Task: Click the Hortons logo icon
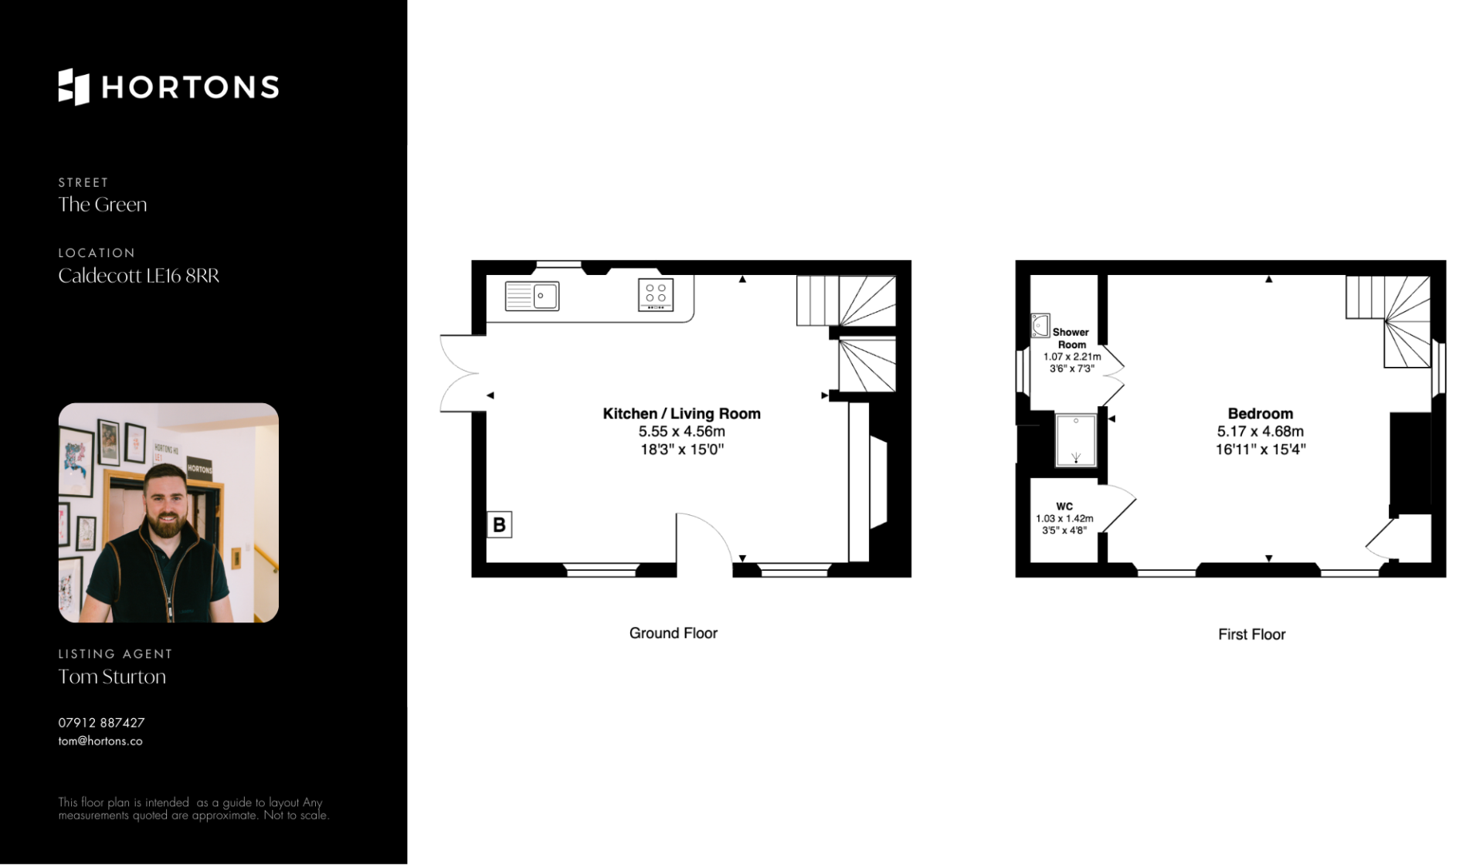click(x=74, y=86)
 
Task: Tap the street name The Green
click(x=103, y=205)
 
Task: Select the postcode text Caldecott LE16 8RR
click(x=139, y=276)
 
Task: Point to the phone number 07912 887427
click(x=101, y=723)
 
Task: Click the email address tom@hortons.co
click(x=100, y=741)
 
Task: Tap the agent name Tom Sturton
click(x=112, y=677)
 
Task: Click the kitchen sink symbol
click(x=532, y=296)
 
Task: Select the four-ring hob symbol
click(x=656, y=295)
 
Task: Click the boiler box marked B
click(x=499, y=524)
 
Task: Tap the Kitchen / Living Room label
click(x=682, y=414)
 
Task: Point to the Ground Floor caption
click(x=674, y=633)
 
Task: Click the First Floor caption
click(x=1252, y=635)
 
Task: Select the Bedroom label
click(x=1261, y=414)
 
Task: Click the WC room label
click(x=1064, y=507)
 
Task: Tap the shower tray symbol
click(x=1076, y=440)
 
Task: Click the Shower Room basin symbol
click(x=1040, y=325)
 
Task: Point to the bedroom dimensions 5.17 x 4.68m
click(x=1261, y=432)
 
